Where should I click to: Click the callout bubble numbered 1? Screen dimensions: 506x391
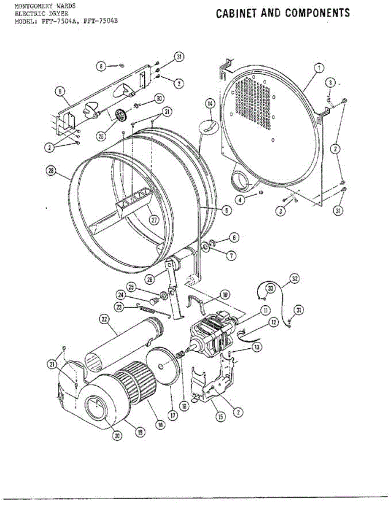coord(319,67)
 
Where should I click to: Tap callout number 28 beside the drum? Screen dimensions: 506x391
coord(52,170)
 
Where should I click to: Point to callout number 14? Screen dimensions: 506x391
coord(210,103)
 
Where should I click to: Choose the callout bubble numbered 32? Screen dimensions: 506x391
coord(294,278)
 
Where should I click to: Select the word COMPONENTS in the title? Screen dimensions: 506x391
coord(318,13)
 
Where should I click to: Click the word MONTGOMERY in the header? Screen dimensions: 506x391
coord(32,6)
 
